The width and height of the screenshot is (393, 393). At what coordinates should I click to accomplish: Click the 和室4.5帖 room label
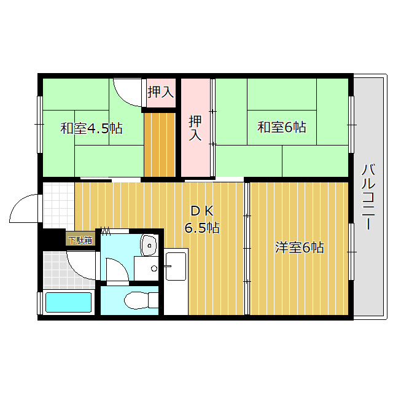coord(91,128)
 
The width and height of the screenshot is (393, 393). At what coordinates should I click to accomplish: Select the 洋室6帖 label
coord(299,247)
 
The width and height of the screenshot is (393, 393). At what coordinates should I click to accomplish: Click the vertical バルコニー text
coord(368,196)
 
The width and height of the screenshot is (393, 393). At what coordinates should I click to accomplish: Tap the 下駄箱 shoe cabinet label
coord(80,240)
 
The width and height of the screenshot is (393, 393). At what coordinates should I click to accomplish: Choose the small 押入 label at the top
coord(160,92)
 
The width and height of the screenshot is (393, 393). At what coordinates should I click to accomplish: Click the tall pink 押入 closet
coord(195,128)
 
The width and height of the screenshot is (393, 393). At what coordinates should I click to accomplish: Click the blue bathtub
coord(69,303)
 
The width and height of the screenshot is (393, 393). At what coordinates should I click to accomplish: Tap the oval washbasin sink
coord(149,245)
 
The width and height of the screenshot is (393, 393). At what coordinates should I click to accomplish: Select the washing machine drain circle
coord(154,268)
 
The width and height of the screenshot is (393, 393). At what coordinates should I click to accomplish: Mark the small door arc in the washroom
coord(117,270)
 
